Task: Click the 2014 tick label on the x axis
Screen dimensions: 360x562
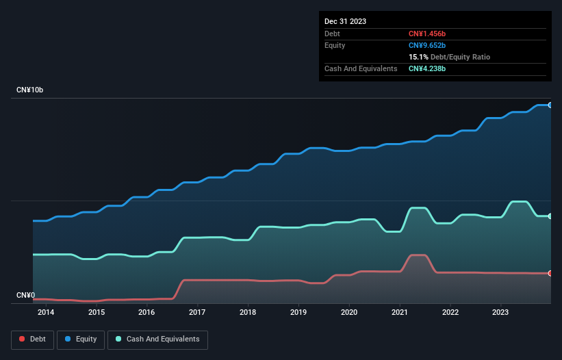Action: click(46, 313)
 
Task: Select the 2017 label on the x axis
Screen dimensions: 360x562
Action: click(198, 313)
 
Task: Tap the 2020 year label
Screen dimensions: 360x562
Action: click(349, 313)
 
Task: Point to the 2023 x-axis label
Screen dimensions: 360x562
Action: click(501, 313)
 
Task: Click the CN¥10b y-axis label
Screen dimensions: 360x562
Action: click(30, 90)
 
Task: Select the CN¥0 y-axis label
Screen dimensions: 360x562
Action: click(25, 296)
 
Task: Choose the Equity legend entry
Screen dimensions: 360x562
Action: click(81, 339)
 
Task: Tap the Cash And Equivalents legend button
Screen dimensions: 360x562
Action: click(157, 339)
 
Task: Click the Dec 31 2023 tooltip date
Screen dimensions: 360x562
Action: click(345, 21)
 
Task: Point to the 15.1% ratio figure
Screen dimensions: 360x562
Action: click(418, 57)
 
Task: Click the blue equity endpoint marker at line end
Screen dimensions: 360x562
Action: click(550, 105)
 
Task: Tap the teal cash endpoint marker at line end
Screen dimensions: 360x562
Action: click(550, 216)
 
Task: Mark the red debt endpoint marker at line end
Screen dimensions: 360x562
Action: click(550, 273)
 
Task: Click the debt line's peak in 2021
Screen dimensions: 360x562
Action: click(418, 255)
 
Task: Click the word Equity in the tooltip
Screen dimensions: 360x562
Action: click(335, 45)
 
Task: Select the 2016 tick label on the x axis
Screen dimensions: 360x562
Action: click(147, 313)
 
